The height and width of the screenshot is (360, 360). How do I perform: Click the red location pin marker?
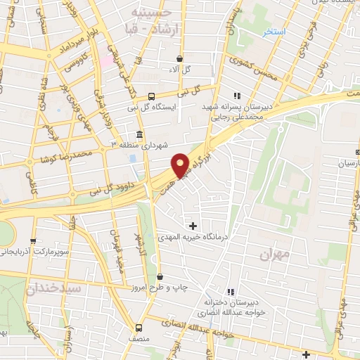point(180,165)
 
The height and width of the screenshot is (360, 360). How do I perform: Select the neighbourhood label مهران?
point(274,255)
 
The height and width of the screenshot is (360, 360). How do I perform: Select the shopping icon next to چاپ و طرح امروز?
point(160,276)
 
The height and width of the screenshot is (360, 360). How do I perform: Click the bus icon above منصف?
point(138,328)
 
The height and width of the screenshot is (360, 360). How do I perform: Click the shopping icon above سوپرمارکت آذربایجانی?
point(33,240)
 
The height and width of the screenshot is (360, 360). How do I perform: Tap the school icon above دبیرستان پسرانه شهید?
point(237,96)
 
